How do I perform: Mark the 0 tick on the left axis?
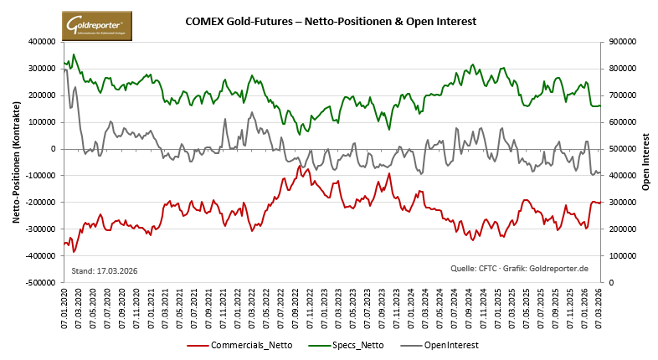pyautogui.click(x=53, y=148)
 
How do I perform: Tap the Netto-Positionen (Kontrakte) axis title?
pyautogui.click(x=16, y=162)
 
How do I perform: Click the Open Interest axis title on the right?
pyautogui.click(x=645, y=162)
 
